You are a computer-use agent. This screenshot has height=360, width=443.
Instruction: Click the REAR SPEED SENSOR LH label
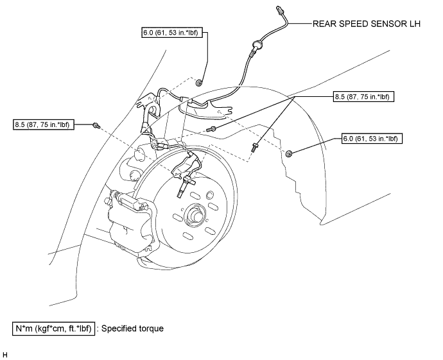366,24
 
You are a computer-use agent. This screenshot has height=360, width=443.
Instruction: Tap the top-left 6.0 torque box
172,33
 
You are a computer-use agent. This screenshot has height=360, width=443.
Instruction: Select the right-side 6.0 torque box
372,139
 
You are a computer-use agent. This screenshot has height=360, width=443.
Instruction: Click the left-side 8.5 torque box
44,124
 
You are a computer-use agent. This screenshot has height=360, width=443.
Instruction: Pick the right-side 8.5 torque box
363,97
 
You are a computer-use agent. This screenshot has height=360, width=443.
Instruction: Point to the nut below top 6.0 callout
199,83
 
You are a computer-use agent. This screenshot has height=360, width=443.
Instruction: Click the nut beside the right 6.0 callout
289,154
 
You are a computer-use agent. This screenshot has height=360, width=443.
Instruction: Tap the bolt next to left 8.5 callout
96,125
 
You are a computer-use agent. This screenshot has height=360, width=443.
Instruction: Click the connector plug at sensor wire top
280,10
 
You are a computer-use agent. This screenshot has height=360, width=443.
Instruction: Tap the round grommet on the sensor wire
257,44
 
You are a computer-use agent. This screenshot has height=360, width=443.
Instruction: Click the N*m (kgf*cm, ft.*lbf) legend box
54,329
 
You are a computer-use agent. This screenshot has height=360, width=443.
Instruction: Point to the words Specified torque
132,329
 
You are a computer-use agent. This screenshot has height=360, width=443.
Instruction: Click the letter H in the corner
4,355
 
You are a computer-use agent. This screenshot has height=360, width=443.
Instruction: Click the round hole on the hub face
210,195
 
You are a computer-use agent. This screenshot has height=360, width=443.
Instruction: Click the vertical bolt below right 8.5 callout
254,148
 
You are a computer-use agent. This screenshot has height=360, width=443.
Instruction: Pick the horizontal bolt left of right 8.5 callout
211,130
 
